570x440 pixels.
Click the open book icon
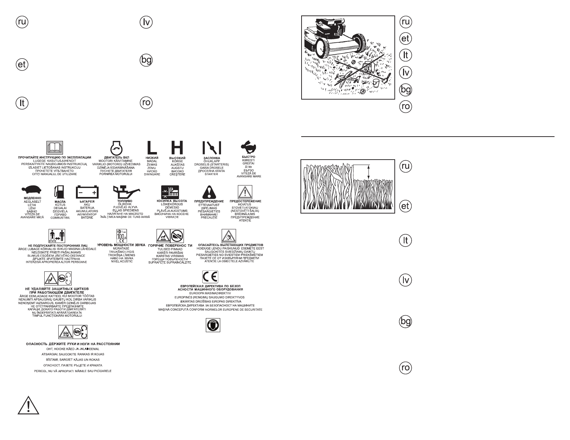pos(55,147)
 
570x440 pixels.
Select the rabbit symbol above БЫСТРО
pos(249,147)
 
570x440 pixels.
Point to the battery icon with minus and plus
pos(87,192)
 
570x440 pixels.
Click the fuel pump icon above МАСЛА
pos(60,193)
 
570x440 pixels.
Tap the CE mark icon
pos(209,277)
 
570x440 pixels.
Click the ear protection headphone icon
pos(213,325)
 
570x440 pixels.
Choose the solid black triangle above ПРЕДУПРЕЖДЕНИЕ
pos(209,192)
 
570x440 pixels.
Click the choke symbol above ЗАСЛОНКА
pos(211,148)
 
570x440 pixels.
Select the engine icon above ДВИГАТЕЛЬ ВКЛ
pos(116,147)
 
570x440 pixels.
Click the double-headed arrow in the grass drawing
pos(368,172)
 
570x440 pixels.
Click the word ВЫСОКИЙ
pos(177,158)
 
